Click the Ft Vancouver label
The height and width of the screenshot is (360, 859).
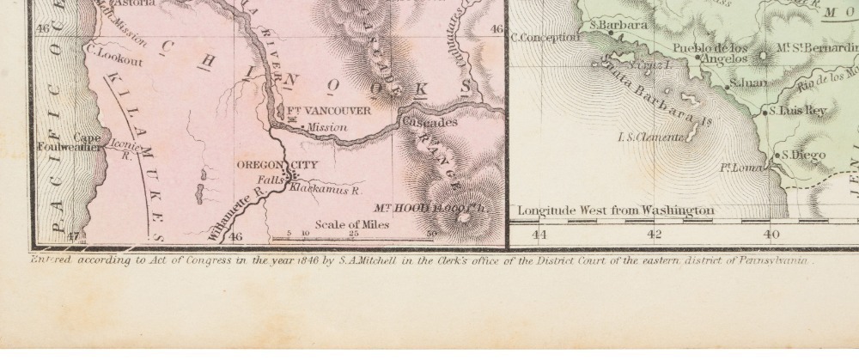point(328,112)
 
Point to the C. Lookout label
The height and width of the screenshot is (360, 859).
point(107,52)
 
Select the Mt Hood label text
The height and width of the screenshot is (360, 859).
point(417,207)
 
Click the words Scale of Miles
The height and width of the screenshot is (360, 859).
point(352,224)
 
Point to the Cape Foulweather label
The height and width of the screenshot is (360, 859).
point(87,142)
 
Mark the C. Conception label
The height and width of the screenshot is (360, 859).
point(545,37)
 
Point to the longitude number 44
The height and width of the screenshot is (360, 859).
point(539,234)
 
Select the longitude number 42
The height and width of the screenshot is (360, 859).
point(655,234)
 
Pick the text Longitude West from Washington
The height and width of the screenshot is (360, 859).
point(615,210)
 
